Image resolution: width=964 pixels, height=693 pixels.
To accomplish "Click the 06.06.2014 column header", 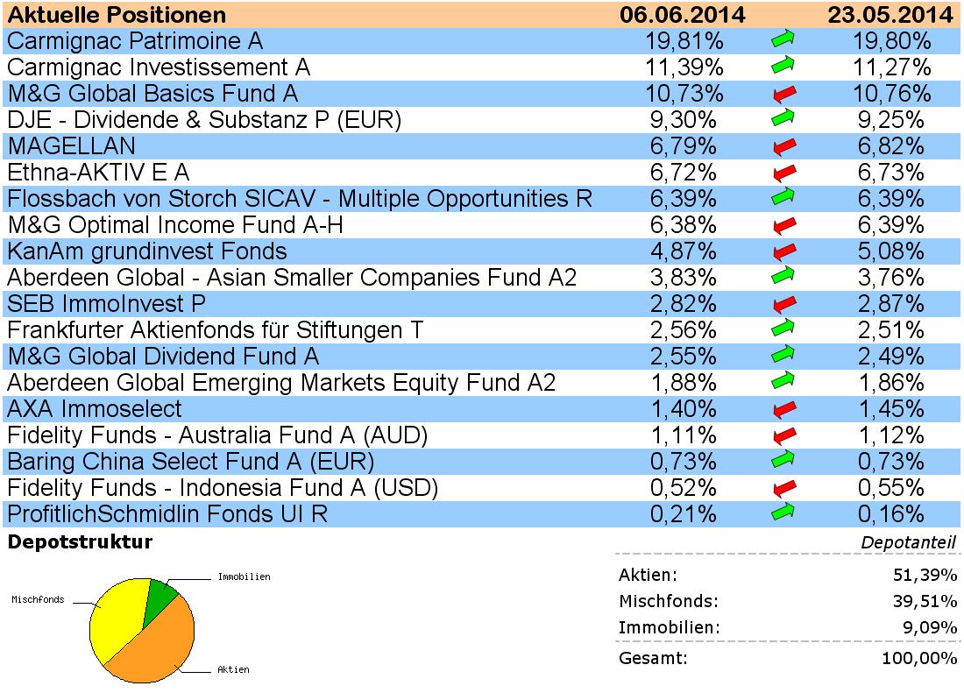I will pos(682,15).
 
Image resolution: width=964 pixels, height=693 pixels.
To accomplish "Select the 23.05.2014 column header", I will pos(890,15).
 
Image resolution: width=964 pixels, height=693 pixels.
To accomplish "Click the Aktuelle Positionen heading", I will pos(117,15).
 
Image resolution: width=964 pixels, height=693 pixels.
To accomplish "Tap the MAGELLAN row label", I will pos(71,145).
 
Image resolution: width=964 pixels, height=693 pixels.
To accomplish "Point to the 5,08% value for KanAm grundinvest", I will pos(890,251).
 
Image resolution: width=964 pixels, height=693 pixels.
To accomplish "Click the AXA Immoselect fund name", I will pos(95,408).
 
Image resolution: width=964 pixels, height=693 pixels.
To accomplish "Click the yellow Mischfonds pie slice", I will pos(114,622).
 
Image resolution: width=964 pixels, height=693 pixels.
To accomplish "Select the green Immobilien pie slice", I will pos(160,596).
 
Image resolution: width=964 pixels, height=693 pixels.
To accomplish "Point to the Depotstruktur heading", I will pos(80,542).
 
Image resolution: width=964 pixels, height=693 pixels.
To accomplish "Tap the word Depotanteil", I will pos(908,543).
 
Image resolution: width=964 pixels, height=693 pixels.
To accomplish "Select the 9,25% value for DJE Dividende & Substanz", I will pos(890,119).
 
